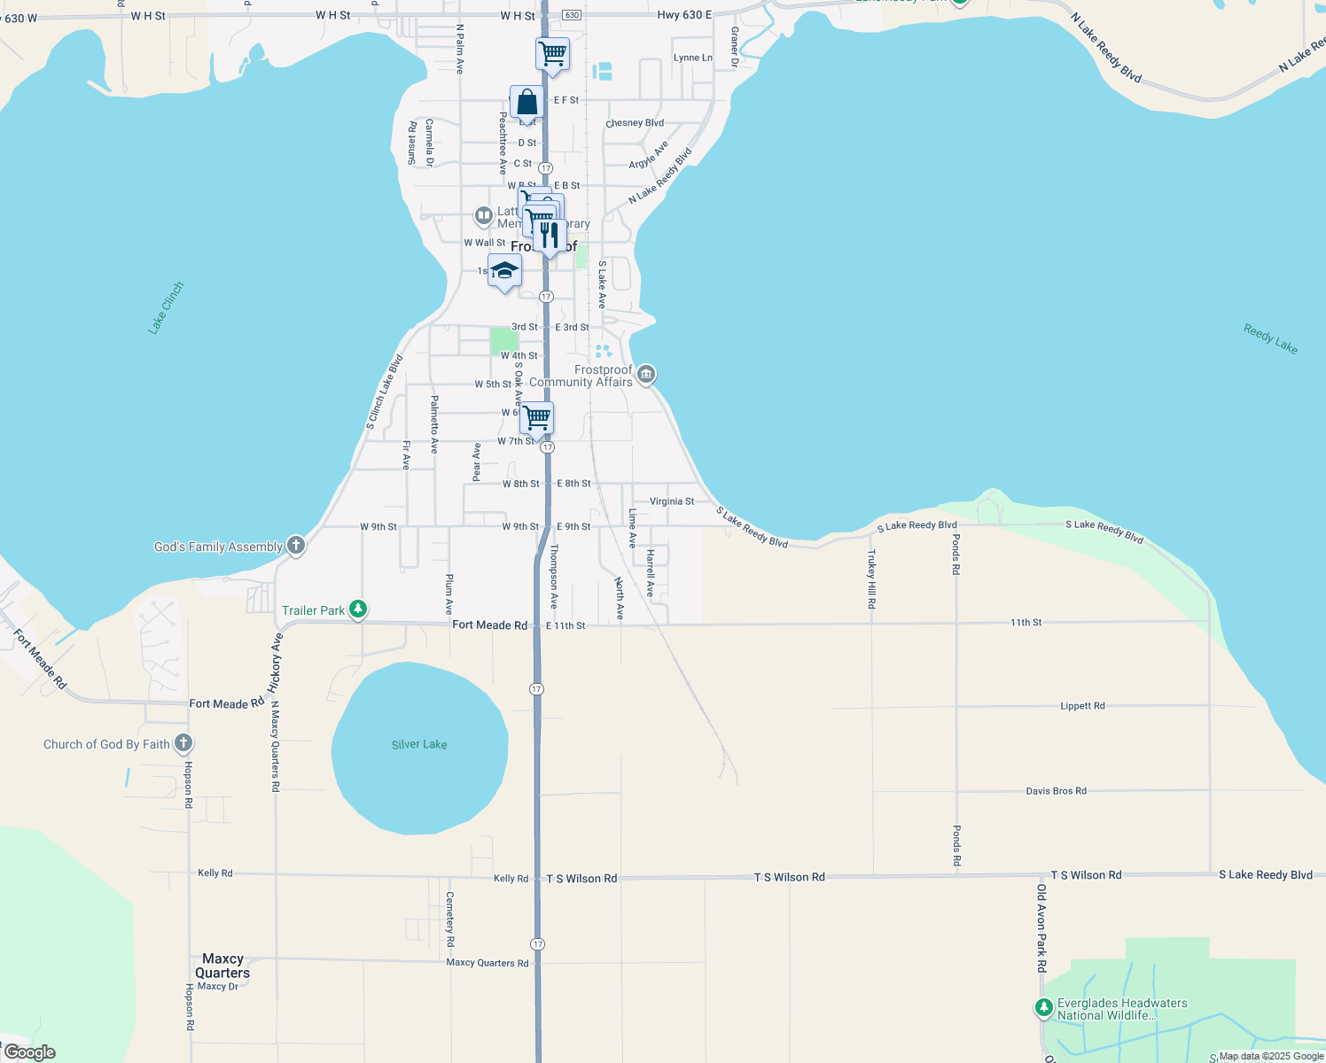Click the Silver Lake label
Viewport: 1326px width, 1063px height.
419,745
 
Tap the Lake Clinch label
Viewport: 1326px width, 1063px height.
166,307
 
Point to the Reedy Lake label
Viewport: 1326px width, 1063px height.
1270,339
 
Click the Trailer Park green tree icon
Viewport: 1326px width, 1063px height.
358,609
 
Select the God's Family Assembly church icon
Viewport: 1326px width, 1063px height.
296,546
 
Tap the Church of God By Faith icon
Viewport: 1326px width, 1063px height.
183,743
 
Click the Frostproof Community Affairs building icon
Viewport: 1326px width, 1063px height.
646,375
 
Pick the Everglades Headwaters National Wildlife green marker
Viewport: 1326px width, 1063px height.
1043,1008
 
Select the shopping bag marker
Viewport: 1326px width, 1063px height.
526,103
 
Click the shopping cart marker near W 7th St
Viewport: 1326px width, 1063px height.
536,418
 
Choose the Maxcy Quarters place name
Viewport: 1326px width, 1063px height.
222,966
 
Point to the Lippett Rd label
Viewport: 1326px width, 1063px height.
1082,706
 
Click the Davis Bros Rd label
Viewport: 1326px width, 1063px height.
1056,791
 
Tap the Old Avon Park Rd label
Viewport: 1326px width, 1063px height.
1041,927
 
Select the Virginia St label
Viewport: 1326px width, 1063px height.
672,501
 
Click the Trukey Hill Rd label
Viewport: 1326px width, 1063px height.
871,578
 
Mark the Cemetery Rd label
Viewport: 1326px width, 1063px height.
449,919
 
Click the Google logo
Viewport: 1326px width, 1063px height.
30,1052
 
